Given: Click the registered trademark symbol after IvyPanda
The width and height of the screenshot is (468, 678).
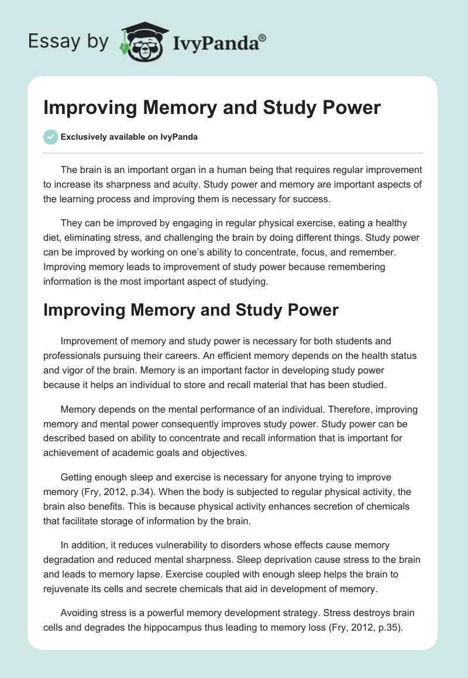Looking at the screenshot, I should click(263, 37).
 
